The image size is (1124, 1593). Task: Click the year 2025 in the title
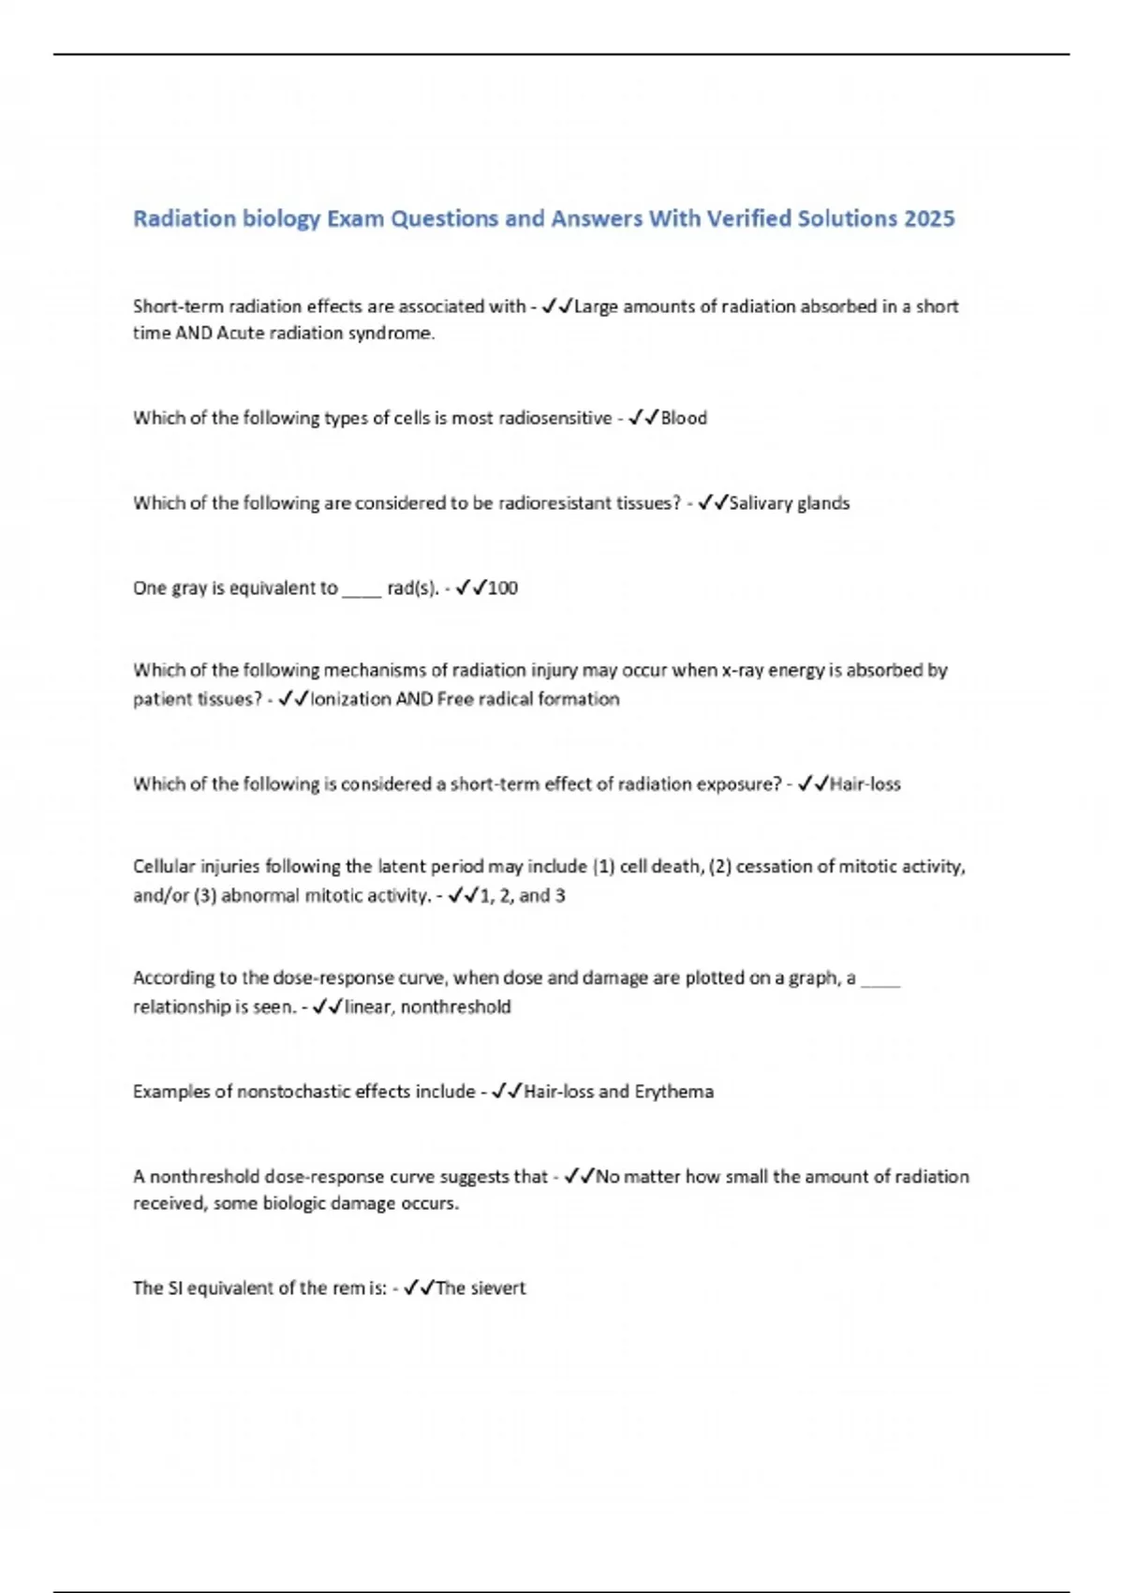tap(929, 218)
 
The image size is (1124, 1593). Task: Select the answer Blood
tap(684, 418)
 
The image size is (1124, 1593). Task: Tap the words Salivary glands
tap(789, 503)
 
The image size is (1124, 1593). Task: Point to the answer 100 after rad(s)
tap(502, 588)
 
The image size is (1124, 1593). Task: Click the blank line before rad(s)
tap(362, 591)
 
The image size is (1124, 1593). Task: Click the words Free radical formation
tap(528, 699)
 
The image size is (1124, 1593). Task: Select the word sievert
tap(497, 1288)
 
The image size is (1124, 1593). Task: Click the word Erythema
tap(673, 1092)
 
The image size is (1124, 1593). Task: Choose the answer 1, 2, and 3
tap(522, 896)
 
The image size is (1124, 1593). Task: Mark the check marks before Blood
tap(643, 418)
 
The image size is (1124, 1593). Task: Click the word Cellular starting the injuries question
tap(164, 867)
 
